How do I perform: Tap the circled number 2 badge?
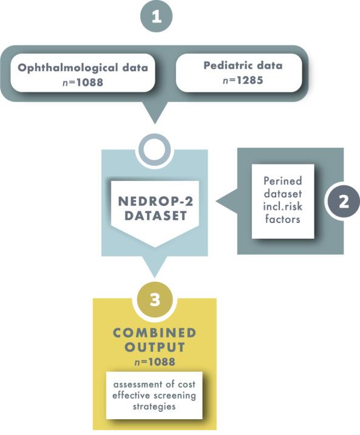click(343, 202)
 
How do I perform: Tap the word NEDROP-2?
click(155, 200)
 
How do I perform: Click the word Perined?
click(283, 180)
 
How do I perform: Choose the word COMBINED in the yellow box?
click(155, 334)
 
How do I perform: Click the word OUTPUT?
click(155, 348)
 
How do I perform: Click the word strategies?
click(154, 406)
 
